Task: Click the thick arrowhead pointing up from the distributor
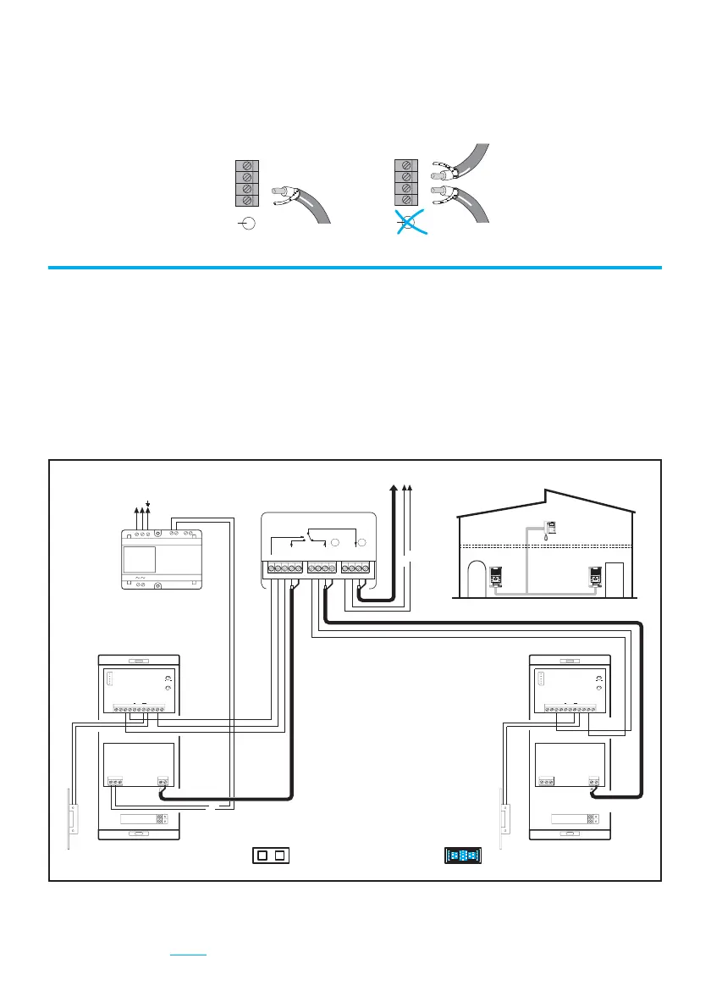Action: pyautogui.click(x=394, y=489)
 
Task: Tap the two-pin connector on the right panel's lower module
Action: pyautogui.click(x=595, y=781)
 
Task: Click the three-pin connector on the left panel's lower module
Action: pyautogui.click(x=115, y=781)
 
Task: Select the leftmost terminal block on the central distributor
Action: pyautogui.click(x=284, y=567)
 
